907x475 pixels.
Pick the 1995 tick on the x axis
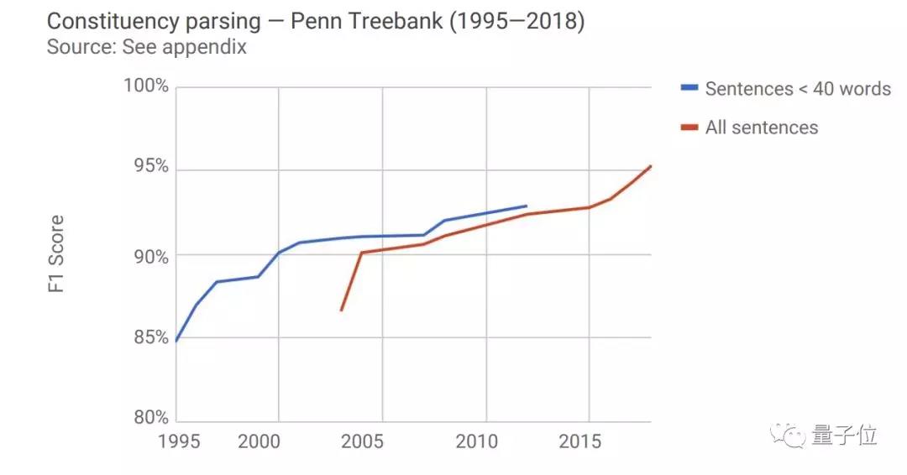point(181,441)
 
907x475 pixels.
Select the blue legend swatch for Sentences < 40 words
point(689,88)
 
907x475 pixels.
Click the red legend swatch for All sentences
point(689,128)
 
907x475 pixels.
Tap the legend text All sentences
point(761,128)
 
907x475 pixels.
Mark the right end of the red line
point(651,166)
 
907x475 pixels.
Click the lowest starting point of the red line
point(341,311)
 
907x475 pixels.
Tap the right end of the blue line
point(527,206)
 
